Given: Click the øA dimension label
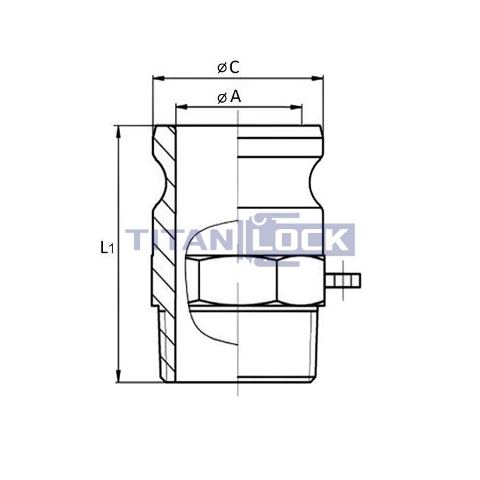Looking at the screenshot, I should (229, 97).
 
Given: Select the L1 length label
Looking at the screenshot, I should (106, 248).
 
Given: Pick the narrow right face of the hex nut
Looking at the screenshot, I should (300, 280).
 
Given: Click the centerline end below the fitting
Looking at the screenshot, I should (237, 394).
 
